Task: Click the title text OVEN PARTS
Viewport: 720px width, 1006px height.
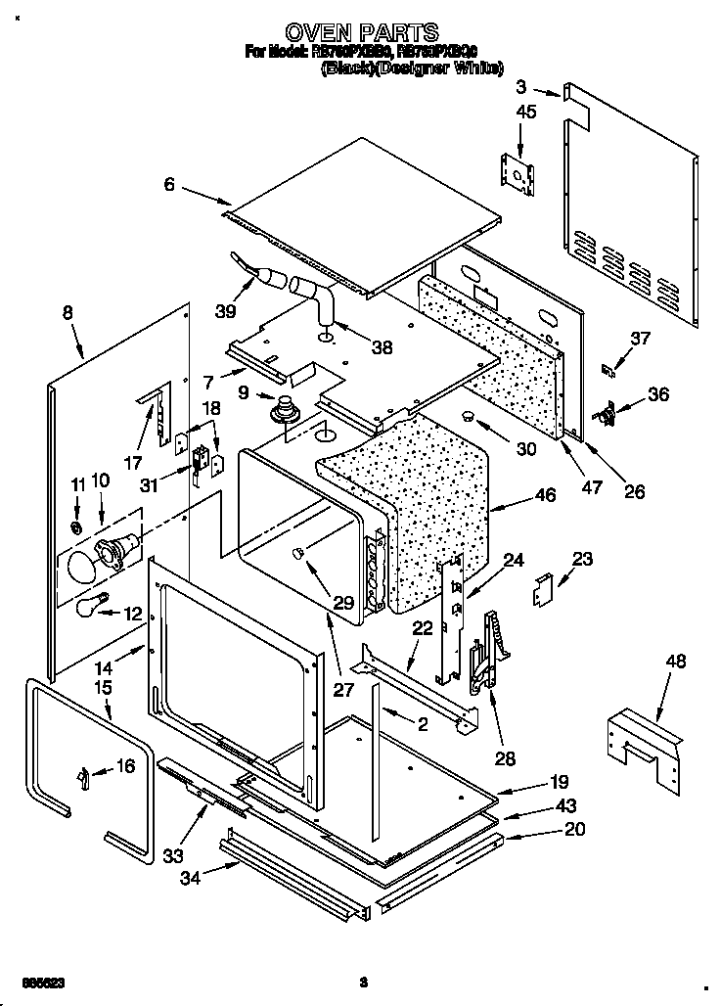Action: [x=359, y=33]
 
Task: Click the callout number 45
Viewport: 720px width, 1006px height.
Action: [x=525, y=113]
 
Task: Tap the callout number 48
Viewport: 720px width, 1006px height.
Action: [x=676, y=663]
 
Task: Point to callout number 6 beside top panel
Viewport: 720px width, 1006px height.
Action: [x=169, y=183]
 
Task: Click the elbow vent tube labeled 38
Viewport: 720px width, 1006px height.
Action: [x=315, y=298]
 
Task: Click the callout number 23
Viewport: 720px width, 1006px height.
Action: [x=582, y=560]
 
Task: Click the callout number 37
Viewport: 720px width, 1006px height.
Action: [x=640, y=339]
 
